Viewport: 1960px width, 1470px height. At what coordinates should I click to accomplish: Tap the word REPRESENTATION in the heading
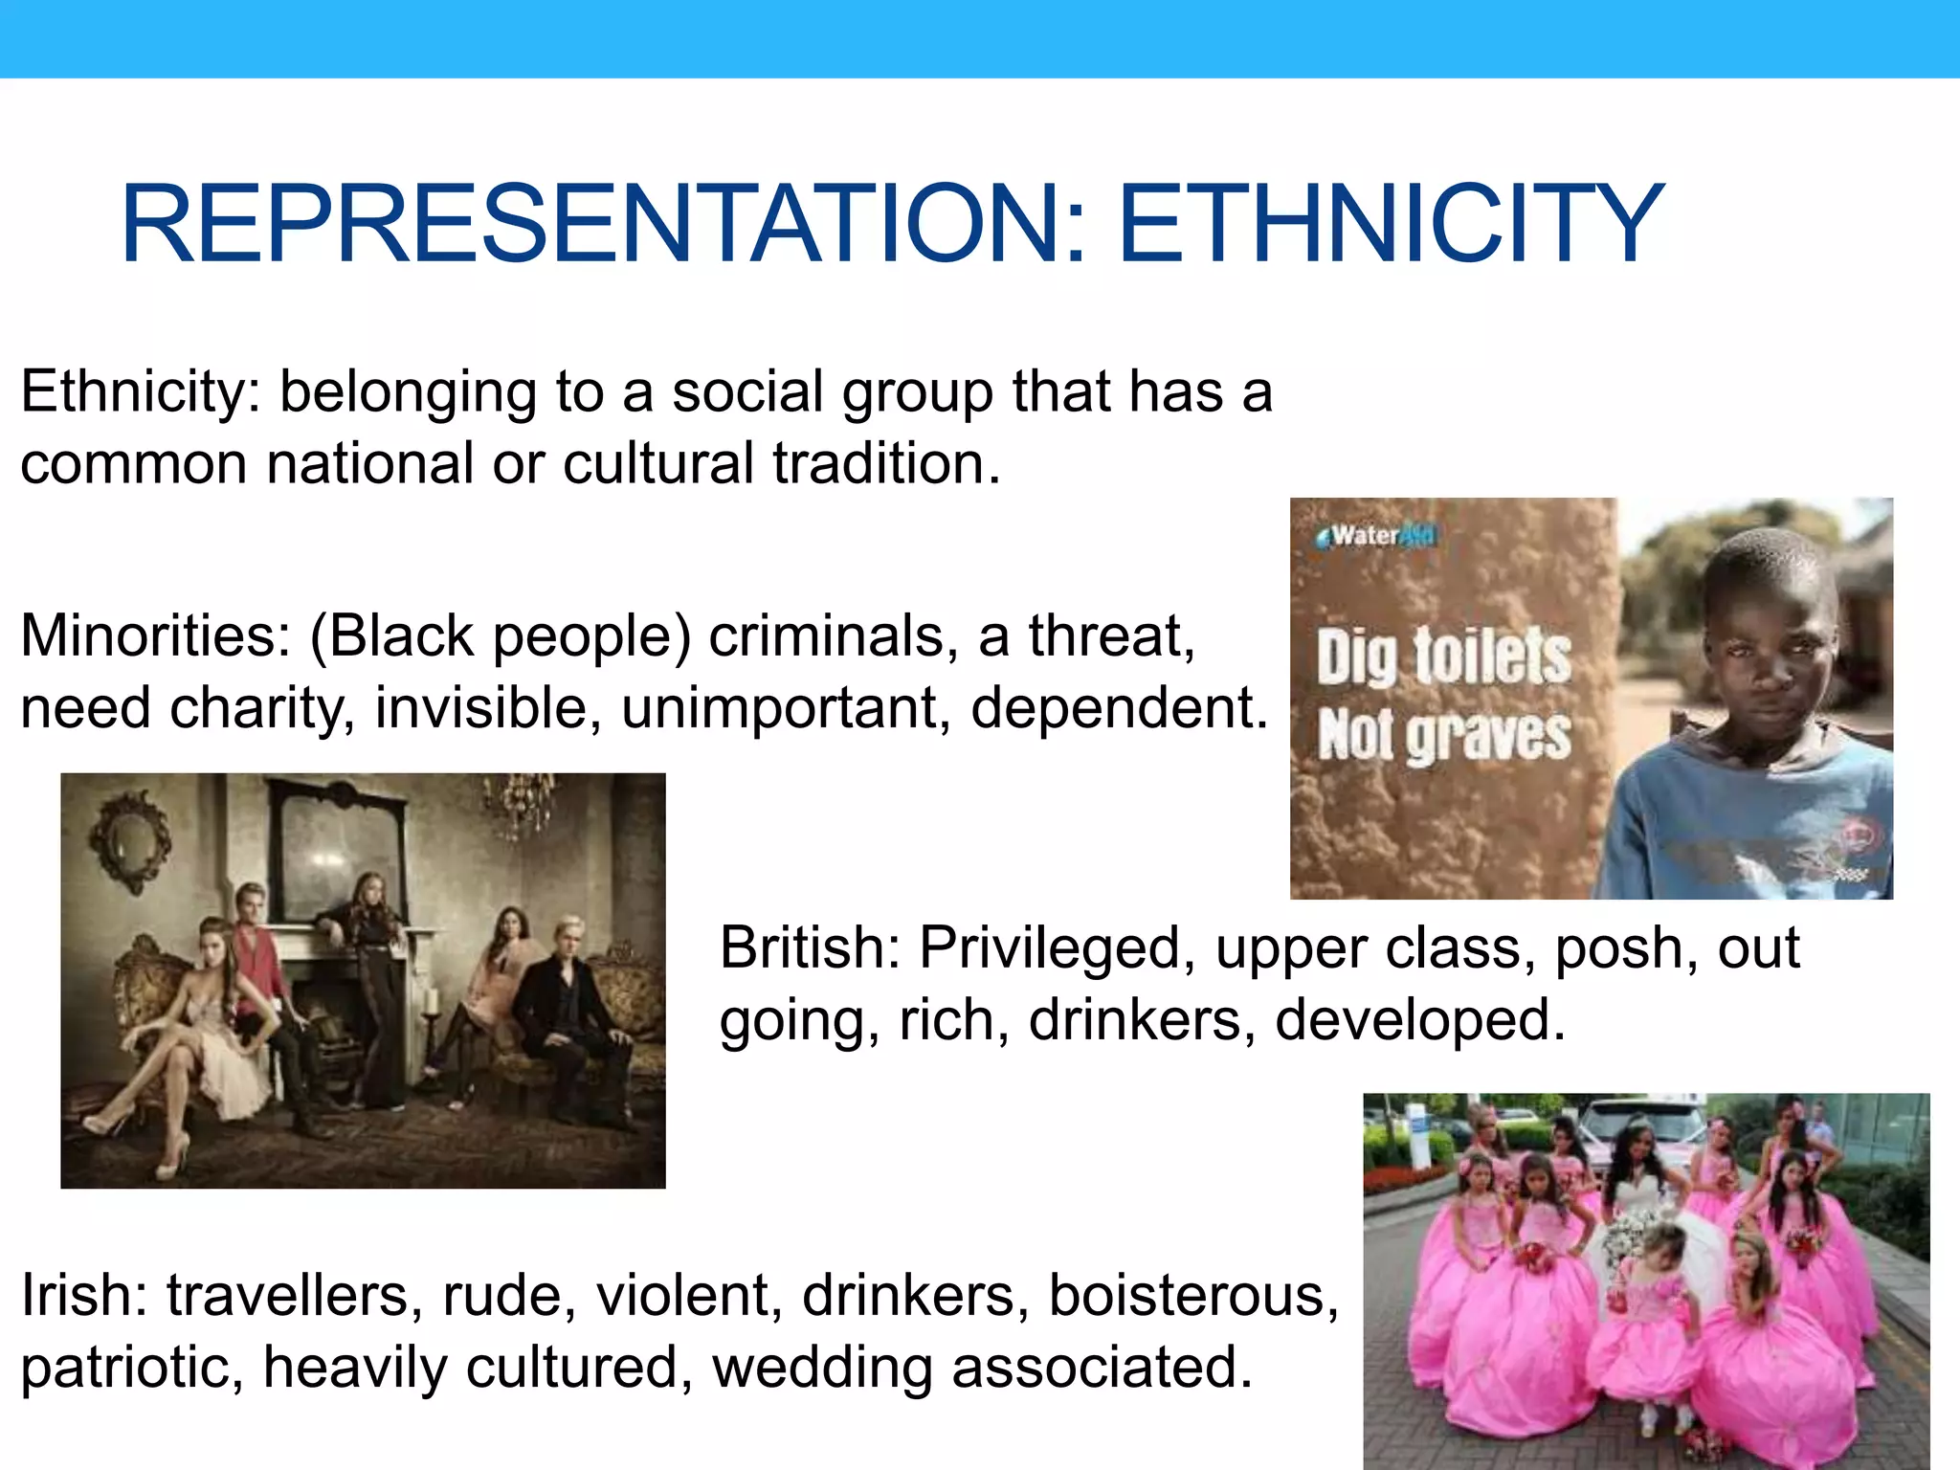click(604, 225)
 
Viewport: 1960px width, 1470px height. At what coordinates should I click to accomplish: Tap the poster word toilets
click(1493, 657)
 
